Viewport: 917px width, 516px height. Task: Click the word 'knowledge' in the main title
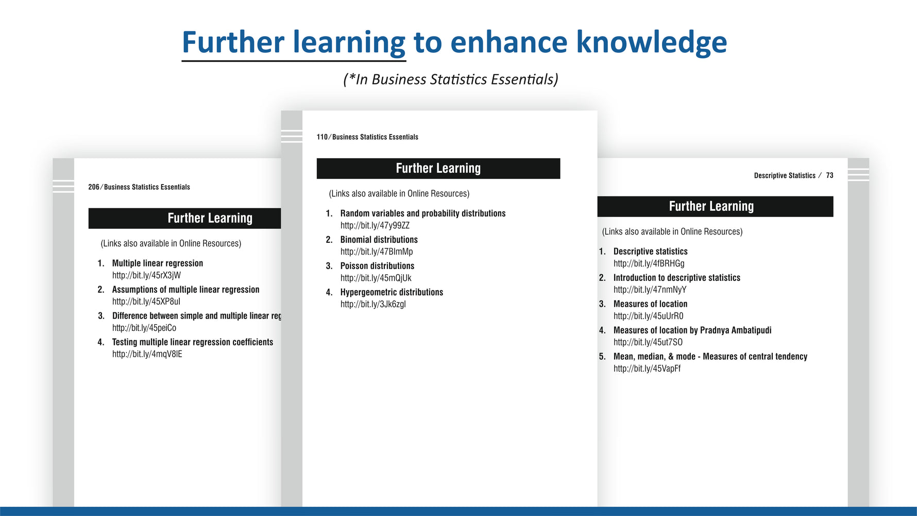click(x=651, y=42)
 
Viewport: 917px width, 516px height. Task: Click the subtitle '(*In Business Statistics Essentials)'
click(x=451, y=79)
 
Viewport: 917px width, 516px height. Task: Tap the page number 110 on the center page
click(x=322, y=137)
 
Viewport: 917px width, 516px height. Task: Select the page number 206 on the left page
click(x=94, y=187)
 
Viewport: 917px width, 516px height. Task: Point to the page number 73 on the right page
click(x=829, y=176)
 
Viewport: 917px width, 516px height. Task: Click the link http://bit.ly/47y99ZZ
click(x=375, y=225)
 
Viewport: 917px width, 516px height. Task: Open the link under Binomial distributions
click(x=377, y=252)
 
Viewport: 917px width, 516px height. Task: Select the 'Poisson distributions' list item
click(x=377, y=266)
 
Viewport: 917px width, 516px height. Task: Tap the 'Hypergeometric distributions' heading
click(x=392, y=292)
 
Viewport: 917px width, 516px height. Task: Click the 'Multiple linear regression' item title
click(x=158, y=263)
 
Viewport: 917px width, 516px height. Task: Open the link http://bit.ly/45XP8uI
click(x=146, y=302)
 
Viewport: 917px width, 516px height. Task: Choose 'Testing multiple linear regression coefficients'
click(x=193, y=342)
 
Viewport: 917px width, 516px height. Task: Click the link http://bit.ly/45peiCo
click(x=144, y=328)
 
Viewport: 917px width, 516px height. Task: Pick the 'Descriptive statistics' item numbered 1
click(x=650, y=252)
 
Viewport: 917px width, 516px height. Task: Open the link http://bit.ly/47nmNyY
click(x=650, y=290)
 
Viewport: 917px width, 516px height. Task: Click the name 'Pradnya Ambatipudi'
click(x=736, y=330)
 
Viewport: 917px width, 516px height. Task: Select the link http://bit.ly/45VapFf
click(x=647, y=369)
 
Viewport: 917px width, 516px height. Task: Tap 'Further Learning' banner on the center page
click(x=438, y=169)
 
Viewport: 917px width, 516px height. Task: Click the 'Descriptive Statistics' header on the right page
click(x=785, y=176)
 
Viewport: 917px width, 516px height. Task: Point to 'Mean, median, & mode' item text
click(x=654, y=357)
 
